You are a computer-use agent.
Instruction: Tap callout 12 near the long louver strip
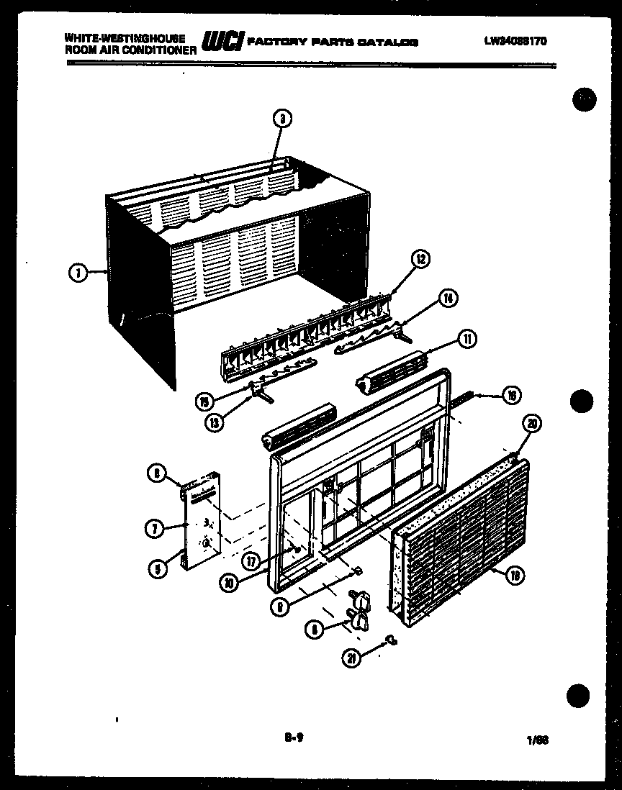click(420, 259)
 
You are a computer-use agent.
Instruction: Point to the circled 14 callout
click(449, 297)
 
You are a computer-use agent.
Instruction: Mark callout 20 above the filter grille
click(532, 424)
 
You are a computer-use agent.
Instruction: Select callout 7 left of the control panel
click(154, 530)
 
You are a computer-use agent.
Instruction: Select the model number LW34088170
click(515, 41)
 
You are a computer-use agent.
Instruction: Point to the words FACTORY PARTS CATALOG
click(332, 42)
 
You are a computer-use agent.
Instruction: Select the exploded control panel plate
click(201, 520)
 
